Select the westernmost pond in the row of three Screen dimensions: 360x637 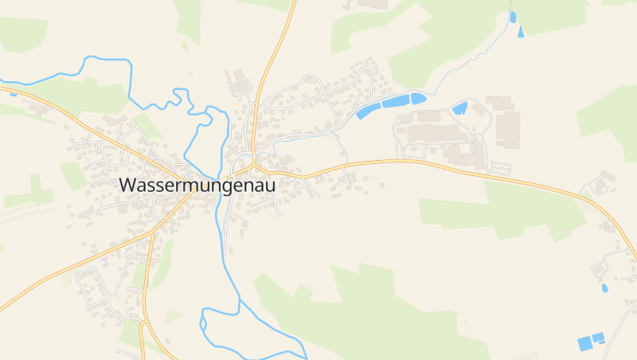pyautogui.click(x=367, y=110)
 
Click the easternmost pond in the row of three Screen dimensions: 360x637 pyautogui.click(x=418, y=98)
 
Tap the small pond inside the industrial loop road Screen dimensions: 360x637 pyautogui.click(x=459, y=108)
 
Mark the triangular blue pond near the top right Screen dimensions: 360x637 pyautogui.click(x=521, y=32)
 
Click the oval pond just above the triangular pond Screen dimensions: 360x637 pyautogui.click(x=513, y=16)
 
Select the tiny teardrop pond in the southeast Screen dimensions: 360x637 pyautogui.click(x=604, y=288)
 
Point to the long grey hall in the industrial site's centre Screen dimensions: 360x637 pyautogui.click(x=430, y=133)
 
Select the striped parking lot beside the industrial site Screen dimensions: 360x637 pyautogui.click(x=501, y=167)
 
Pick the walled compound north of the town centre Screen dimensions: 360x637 pyautogui.click(x=239, y=88)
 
